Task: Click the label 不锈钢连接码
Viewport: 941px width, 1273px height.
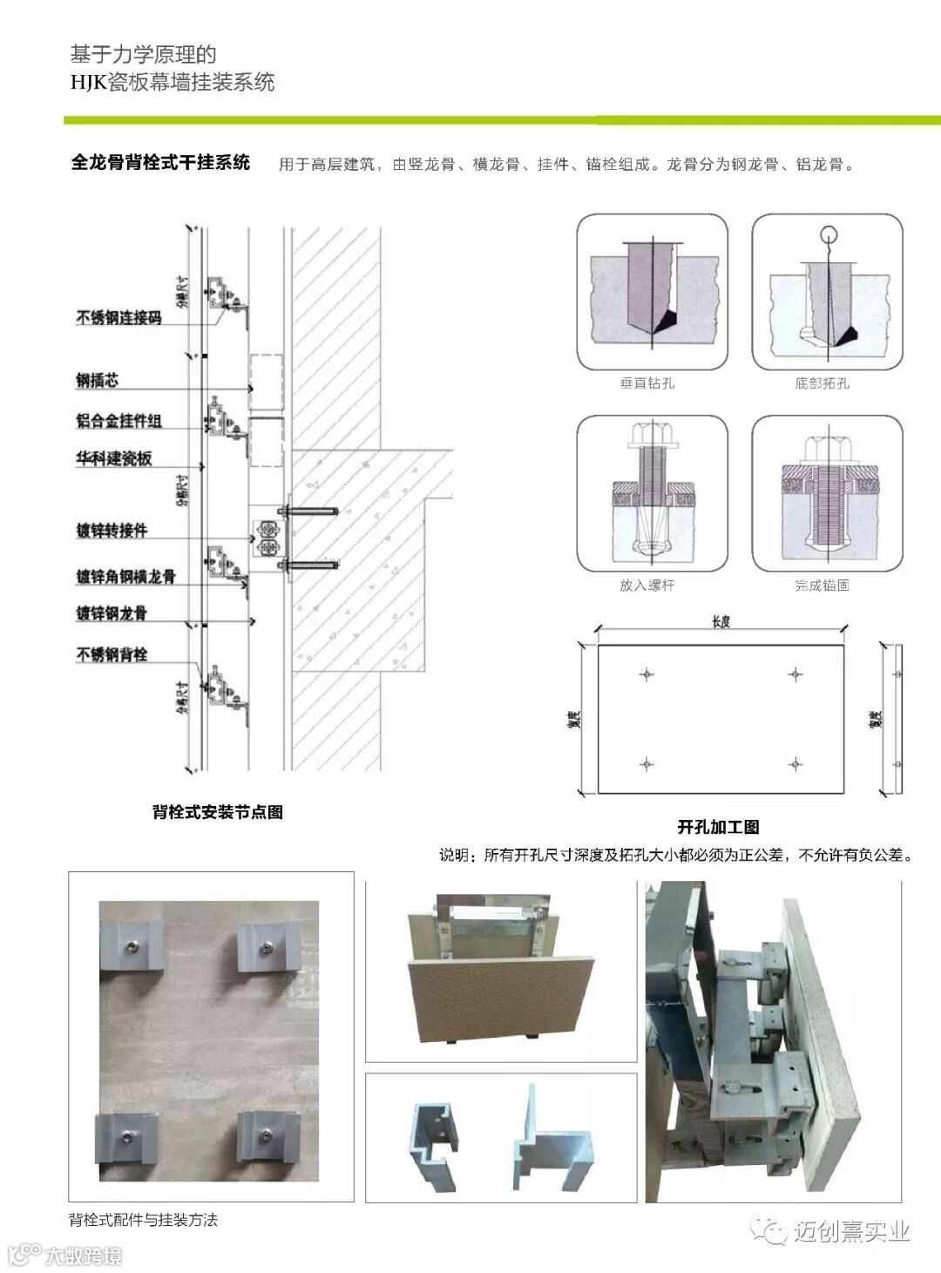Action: tap(118, 318)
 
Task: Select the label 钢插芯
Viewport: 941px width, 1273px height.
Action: tap(97, 380)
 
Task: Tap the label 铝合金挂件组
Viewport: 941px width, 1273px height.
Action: tap(118, 421)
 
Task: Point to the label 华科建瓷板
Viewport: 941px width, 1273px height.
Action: tap(113, 458)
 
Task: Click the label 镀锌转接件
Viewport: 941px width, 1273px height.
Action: tap(112, 530)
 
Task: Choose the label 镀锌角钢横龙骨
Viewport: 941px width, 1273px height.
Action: tap(125, 576)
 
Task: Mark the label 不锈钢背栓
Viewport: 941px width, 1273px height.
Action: tap(112, 654)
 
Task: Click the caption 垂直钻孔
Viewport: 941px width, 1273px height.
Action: tap(647, 383)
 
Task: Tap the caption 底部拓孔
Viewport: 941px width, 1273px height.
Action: tap(822, 383)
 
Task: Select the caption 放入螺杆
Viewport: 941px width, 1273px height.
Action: tap(647, 586)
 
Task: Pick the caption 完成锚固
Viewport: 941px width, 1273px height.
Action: tap(822, 586)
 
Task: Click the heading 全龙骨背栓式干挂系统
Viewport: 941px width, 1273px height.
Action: tap(160, 163)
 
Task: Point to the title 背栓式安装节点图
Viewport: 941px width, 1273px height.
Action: tap(218, 812)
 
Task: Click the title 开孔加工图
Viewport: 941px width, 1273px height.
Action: tap(719, 827)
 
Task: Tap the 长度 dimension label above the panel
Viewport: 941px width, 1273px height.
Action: tap(721, 621)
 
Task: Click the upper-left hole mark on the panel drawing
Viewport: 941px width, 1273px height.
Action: tap(647, 674)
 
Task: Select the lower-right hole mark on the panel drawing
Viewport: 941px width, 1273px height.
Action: tap(795, 764)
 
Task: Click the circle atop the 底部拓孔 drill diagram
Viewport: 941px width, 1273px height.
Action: tap(829, 234)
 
